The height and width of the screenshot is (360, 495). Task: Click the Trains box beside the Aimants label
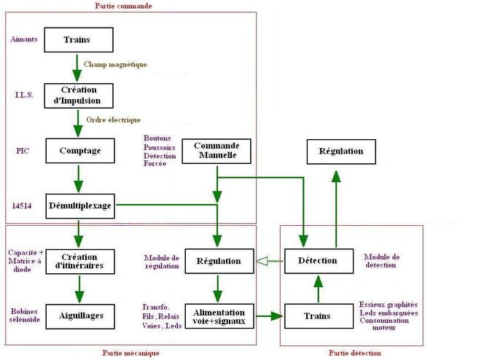[x=78, y=39]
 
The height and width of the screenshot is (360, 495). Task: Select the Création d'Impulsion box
[x=78, y=95]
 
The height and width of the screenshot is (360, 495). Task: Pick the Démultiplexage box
[x=80, y=205]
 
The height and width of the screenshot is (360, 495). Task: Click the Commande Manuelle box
[x=216, y=151]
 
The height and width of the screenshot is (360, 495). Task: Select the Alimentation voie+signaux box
[x=219, y=316]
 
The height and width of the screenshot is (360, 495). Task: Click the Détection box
[x=318, y=260]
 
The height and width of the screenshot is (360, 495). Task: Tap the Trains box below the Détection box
[x=318, y=316]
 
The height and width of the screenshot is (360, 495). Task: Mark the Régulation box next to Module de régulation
[x=219, y=260]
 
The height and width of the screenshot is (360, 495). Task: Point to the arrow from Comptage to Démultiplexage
[x=78, y=179]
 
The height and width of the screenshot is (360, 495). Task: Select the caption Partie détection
[x=354, y=353]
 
